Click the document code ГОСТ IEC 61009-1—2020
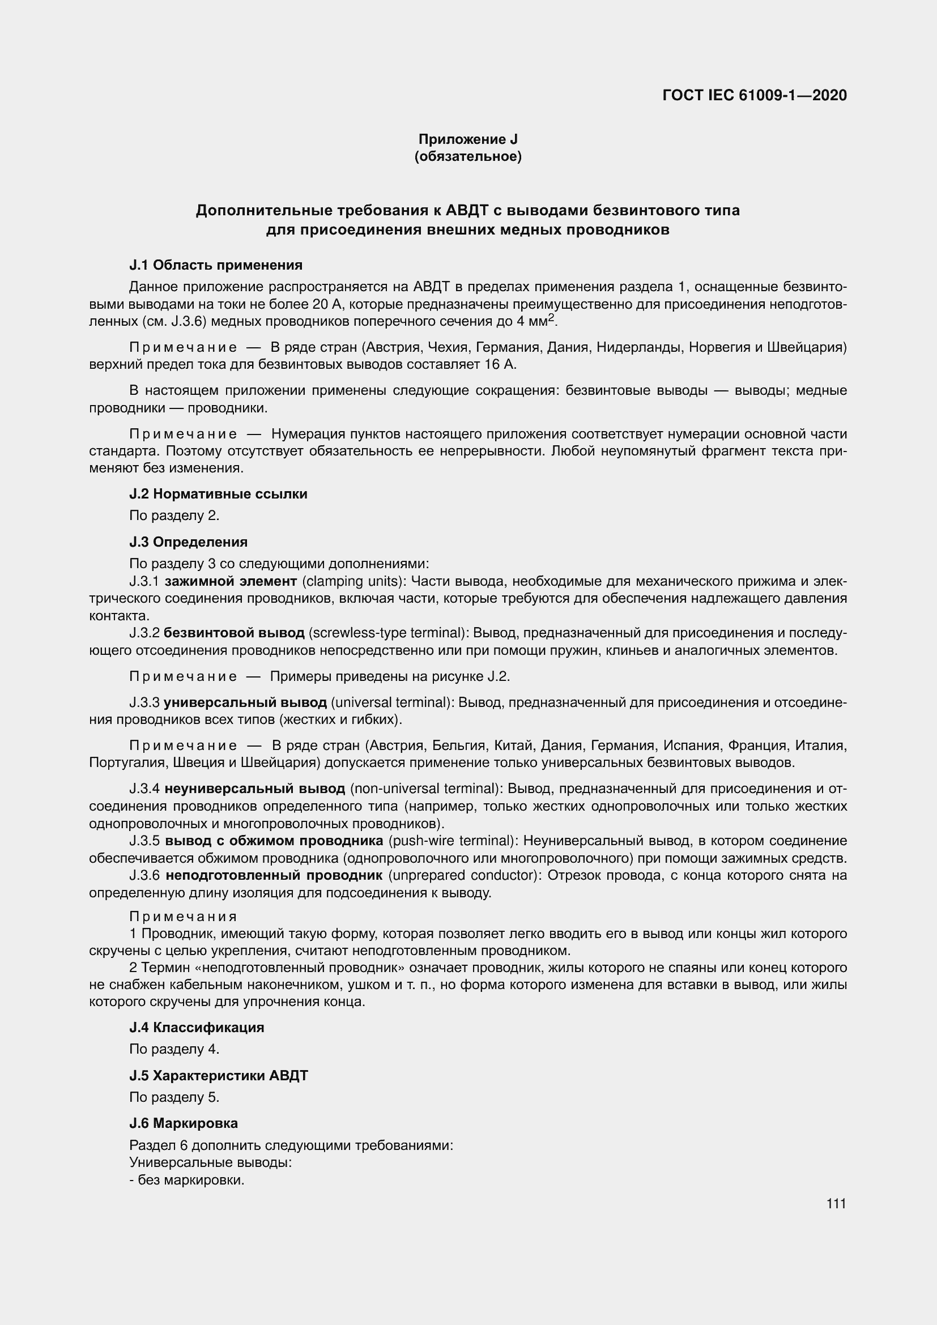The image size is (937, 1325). [x=755, y=96]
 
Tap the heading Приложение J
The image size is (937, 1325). [x=468, y=139]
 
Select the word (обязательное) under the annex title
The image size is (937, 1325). [x=468, y=156]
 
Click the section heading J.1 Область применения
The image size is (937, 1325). [x=216, y=265]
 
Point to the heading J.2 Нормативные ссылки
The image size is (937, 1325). [x=218, y=494]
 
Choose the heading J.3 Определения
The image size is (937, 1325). [x=188, y=542]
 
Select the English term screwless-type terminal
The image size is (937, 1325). [x=387, y=633]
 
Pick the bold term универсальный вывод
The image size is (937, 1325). [x=245, y=702]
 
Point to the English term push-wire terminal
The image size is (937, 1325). [x=451, y=841]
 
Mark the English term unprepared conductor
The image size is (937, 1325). [x=464, y=875]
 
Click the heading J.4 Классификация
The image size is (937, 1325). [x=197, y=1027]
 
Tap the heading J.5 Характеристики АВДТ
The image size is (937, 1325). [x=219, y=1076]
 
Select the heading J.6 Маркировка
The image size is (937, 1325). [x=184, y=1123]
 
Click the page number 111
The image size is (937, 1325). [x=836, y=1204]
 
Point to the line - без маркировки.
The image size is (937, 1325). [x=187, y=1180]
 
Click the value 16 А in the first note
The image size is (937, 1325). [x=501, y=365]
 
